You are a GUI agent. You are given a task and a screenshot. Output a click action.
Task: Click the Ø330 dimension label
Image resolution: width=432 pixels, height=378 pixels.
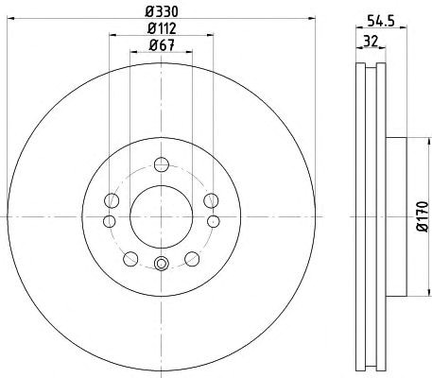click(162, 11)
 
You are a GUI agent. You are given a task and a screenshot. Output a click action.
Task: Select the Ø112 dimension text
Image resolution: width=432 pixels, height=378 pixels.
click(162, 29)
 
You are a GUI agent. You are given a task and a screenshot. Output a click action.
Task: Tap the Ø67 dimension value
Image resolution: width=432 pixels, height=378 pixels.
click(162, 45)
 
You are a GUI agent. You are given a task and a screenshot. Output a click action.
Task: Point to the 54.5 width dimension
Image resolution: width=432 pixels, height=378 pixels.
click(381, 21)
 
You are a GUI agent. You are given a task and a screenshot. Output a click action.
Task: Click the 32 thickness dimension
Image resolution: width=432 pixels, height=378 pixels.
click(371, 41)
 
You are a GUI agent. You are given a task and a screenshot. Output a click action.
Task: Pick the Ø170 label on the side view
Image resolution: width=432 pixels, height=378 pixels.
click(423, 216)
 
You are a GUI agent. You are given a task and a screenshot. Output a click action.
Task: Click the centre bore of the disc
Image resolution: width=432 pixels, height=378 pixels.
click(162, 216)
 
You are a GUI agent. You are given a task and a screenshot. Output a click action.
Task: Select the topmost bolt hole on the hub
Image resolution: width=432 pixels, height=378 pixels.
click(162, 164)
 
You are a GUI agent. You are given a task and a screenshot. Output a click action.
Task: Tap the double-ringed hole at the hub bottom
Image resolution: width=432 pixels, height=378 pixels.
click(162, 264)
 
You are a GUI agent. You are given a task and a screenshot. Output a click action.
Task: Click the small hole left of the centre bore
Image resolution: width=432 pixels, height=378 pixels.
click(109, 221)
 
